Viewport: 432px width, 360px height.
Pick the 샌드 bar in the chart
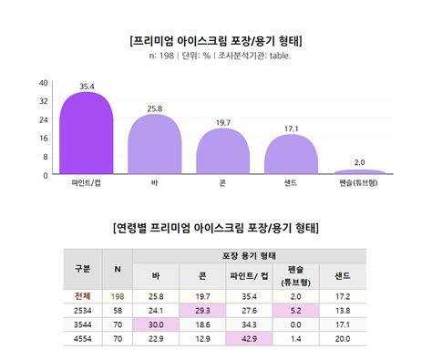[x=291, y=155]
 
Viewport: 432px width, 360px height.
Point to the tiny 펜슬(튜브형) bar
[x=359, y=171]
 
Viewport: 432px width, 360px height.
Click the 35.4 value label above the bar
[x=87, y=87]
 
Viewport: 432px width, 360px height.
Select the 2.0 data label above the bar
[x=359, y=162]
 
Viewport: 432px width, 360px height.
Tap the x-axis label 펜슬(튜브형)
[x=359, y=183]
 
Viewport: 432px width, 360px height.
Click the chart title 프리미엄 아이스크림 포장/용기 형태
[x=216, y=41]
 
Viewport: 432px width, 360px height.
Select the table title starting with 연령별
[x=216, y=226]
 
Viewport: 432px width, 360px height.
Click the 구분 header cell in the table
[x=82, y=269]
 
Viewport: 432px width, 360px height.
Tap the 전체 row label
[x=82, y=297]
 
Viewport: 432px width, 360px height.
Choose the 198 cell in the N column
[x=118, y=297]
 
